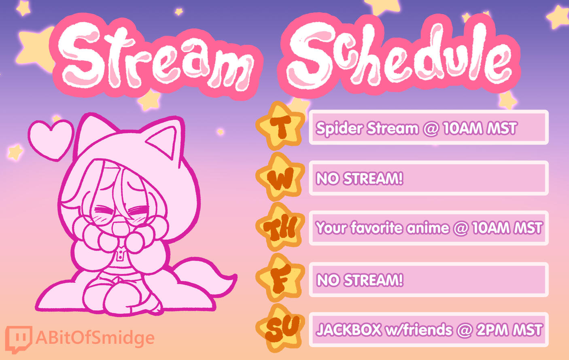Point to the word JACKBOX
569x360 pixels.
349,330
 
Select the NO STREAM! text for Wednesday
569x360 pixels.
359,178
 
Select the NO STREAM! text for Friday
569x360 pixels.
360,280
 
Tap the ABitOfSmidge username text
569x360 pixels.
95,338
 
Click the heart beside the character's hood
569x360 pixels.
51,140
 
